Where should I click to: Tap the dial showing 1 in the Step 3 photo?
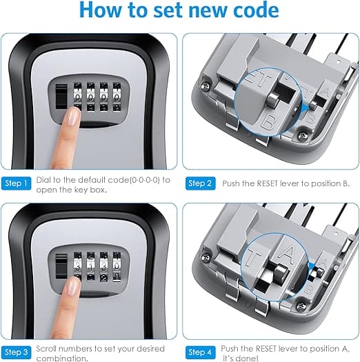click(91, 265)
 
